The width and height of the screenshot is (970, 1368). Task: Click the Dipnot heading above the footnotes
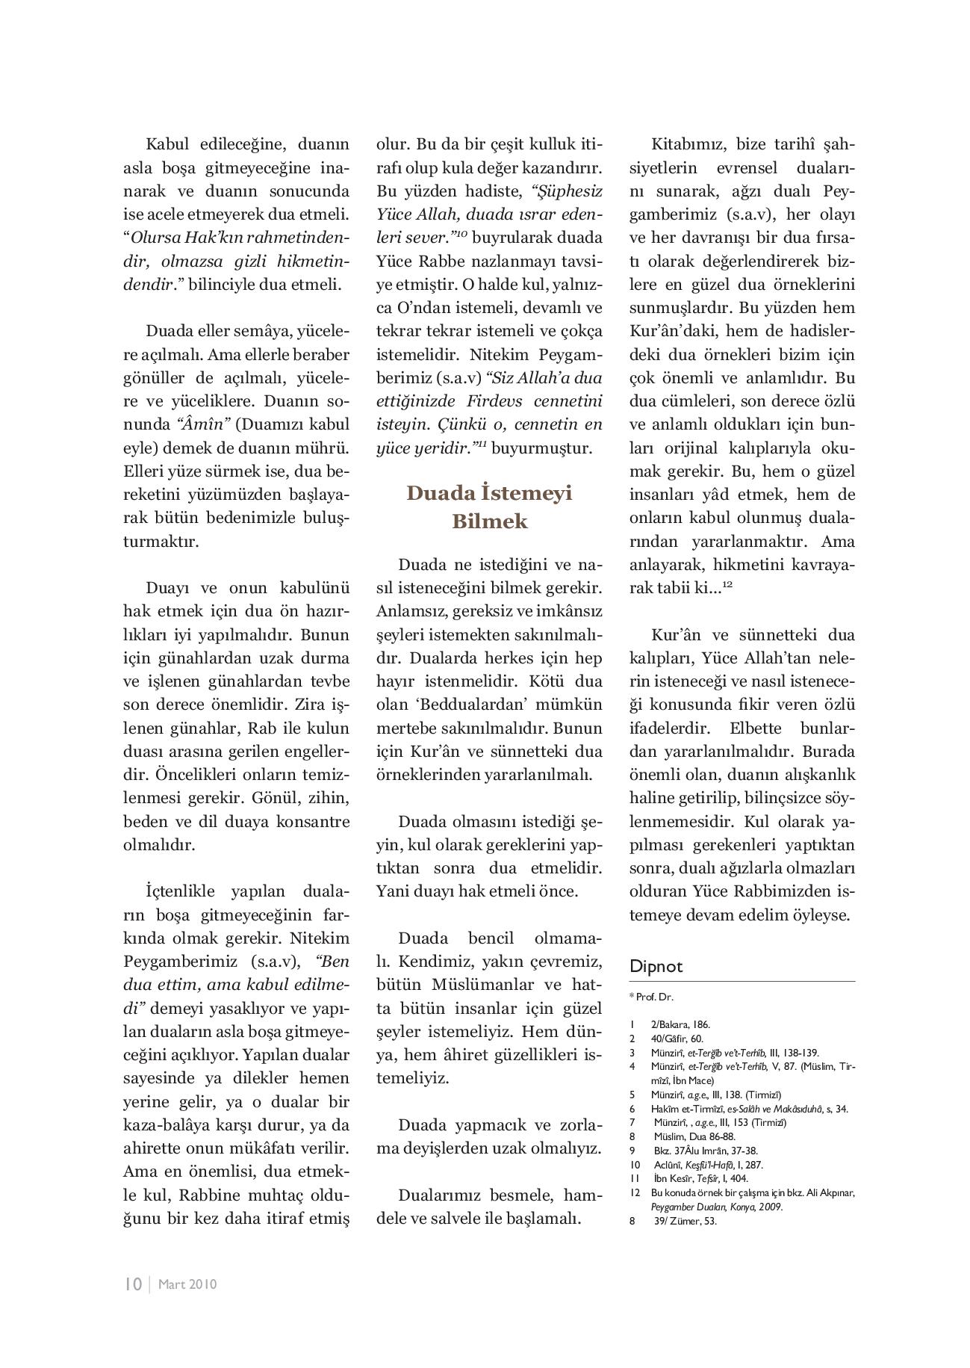656,966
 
